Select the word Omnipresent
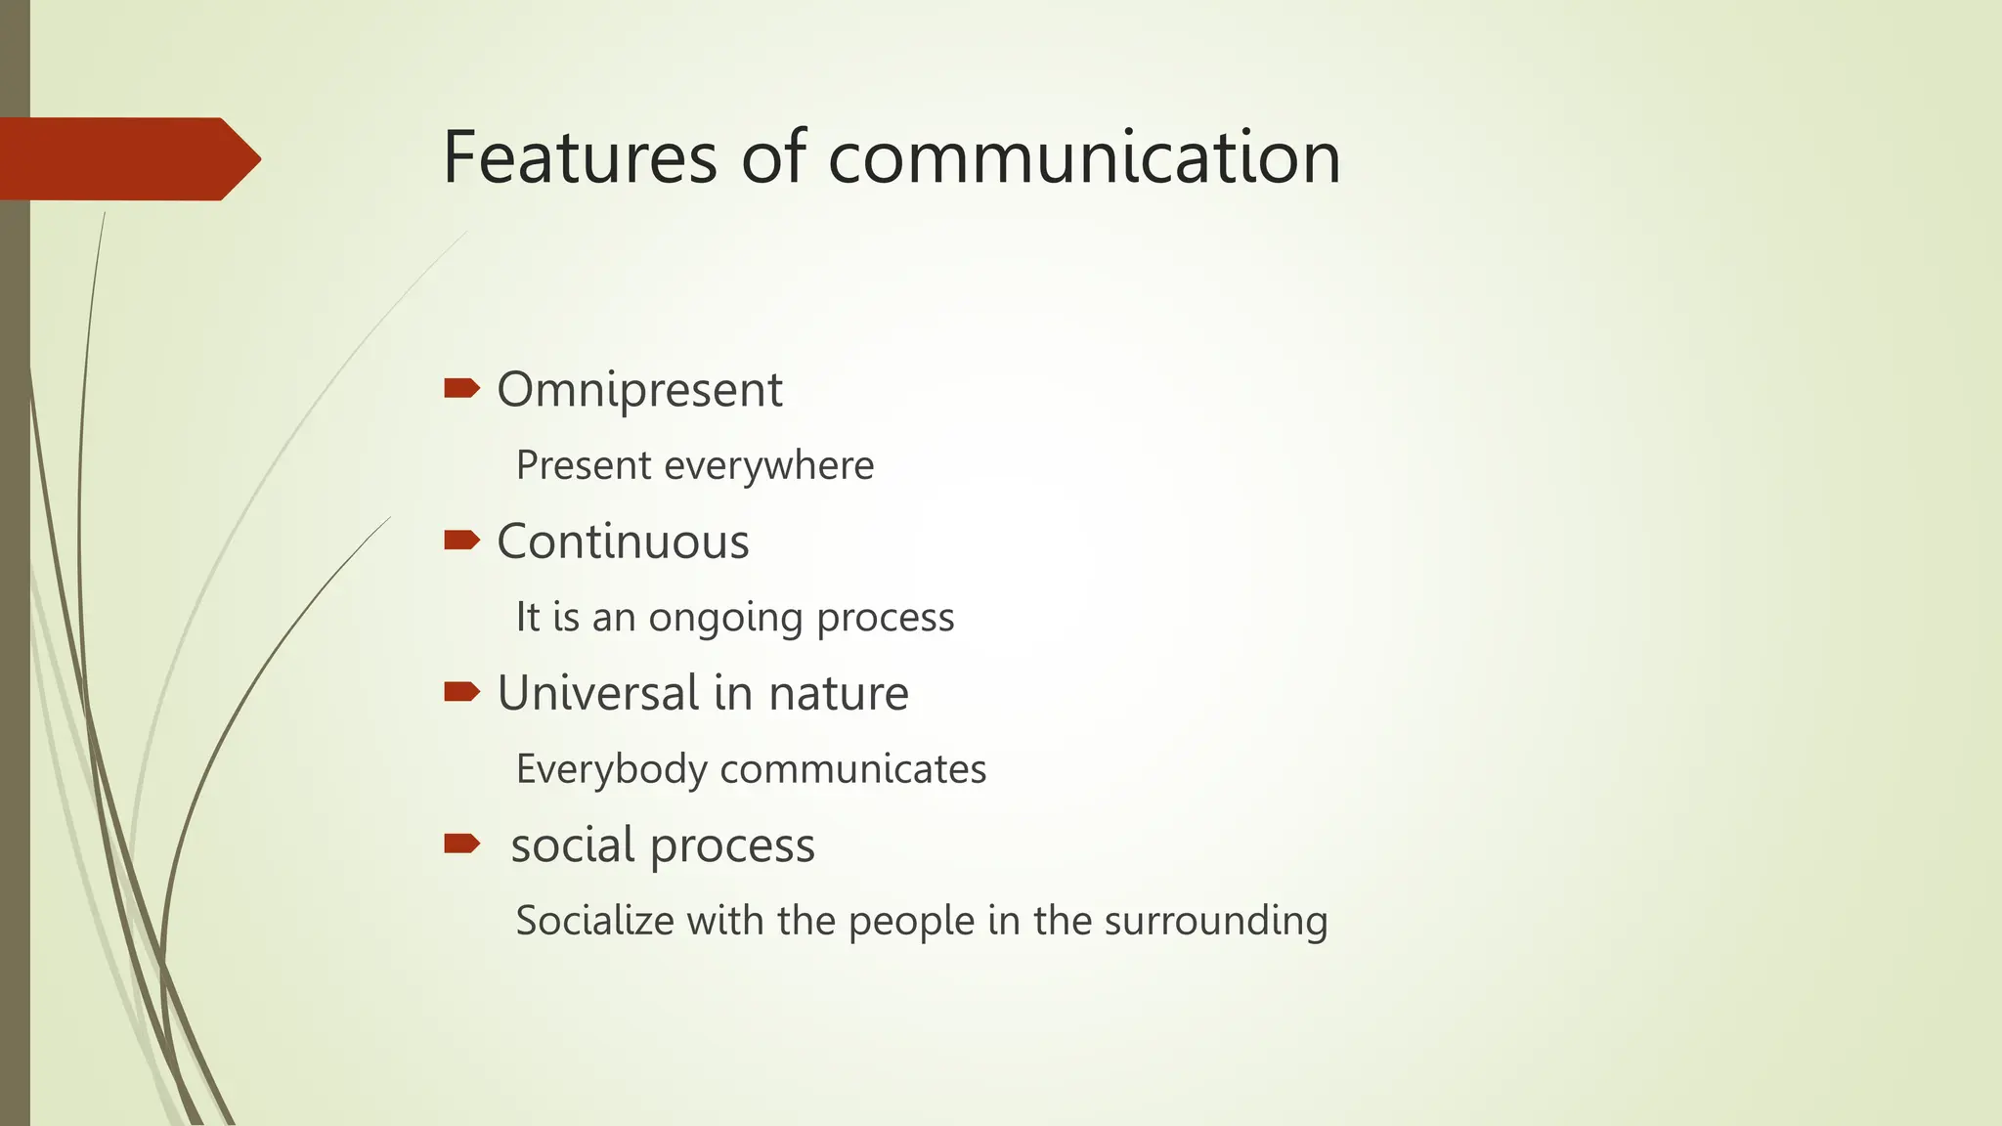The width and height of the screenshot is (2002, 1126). pyautogui.click(x=639, y=390)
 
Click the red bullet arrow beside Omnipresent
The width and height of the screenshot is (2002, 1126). pyautogui.click(x=461, y=389)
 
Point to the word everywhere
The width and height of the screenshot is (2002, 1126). pyautogui.click(x=768, y=465)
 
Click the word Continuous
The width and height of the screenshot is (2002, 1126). pyautogui.click(x=623, y=541)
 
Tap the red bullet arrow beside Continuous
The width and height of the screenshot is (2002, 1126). pyautogui.click(x=461, y=541)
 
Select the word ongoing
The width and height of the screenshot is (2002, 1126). pyautogui.click(x=726, y=618)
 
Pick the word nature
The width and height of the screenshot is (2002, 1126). pyautogui.click(x=839, y=693)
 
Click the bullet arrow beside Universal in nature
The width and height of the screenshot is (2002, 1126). pyautogui.click(x=461, y=692)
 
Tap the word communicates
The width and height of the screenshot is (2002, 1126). pyautogui.click(x=852, y=769)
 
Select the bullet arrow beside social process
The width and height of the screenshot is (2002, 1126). pyautogui.click(x=461, y=844)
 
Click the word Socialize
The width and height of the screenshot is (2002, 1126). pyautogui.click(x=594, y=921)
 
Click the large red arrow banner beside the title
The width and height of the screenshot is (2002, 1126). pyautogui.click(x=127, y=158)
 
